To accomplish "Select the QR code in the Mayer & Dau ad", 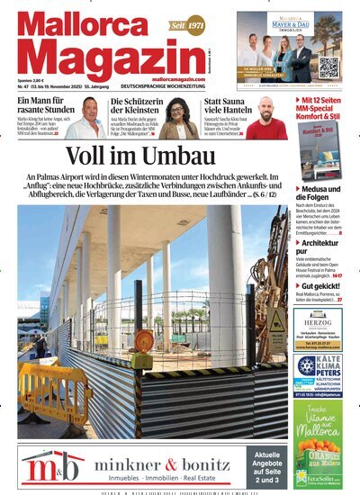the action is [x=328, y=67].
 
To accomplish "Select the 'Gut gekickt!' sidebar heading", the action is [x=326, y=286].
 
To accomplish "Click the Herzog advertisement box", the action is [x=318, y=328].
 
